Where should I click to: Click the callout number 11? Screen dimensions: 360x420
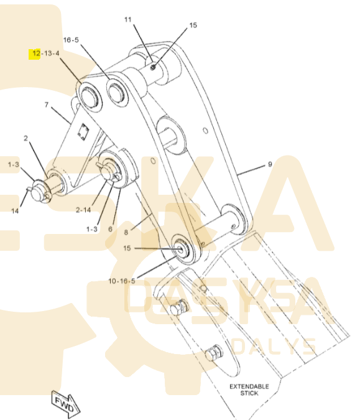click(128, 19)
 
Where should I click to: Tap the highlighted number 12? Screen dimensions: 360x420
click(36, 54)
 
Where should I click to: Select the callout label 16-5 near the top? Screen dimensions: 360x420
click(71, 40)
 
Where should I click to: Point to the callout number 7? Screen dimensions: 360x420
click(47, 105)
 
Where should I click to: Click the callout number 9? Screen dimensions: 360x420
click(270, 164)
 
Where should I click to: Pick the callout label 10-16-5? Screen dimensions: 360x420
click(121, 281)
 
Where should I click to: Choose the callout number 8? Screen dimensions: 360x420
click(126, 233)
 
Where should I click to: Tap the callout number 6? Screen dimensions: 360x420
click(110, 229)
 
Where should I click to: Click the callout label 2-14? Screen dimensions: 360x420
click(83, 210)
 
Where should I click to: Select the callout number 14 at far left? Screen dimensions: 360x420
click(15, 211)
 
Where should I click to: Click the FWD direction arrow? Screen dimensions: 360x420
click(65, 404)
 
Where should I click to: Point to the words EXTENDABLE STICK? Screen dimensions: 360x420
click(249, 390)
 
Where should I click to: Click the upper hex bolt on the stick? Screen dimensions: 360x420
click(178, 308)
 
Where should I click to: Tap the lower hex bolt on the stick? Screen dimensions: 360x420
click(214, 353)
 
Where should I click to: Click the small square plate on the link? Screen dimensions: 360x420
click(83, 132)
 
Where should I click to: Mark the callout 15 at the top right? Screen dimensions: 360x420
click(193, 25)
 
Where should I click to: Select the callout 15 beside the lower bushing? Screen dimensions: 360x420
click(127, 248)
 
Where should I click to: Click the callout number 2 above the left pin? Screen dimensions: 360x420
click(25, 139)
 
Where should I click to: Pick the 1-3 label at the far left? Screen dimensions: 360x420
click(14, 164)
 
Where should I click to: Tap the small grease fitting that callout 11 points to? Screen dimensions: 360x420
click(153, 67)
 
